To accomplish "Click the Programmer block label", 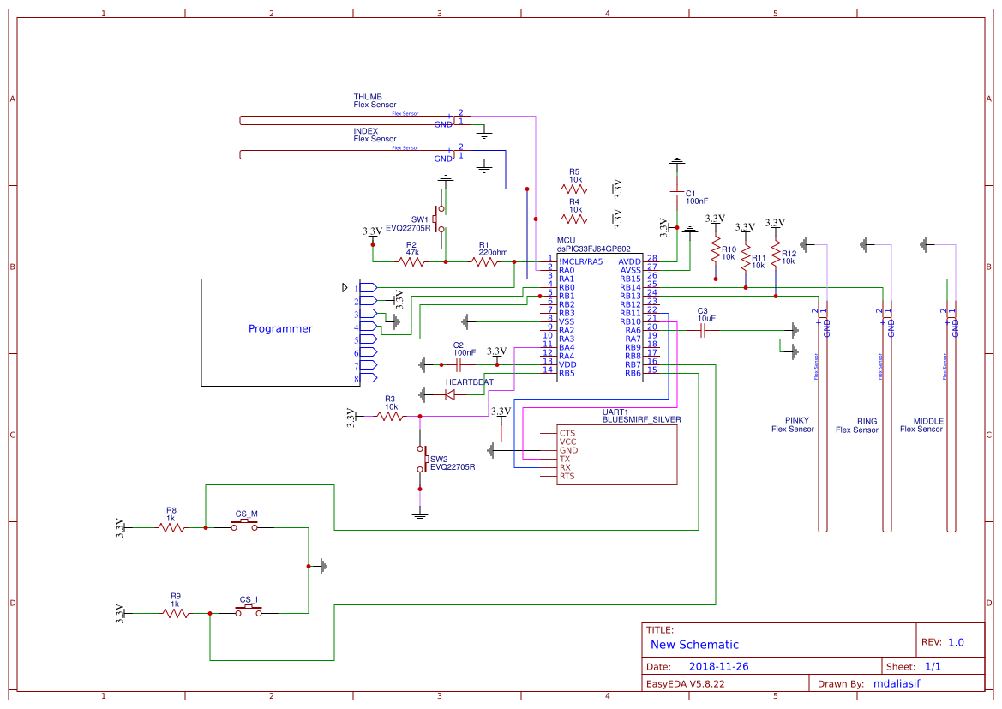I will [280, 328].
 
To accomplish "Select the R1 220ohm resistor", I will [485, 262].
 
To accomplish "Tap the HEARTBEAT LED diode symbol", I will [449, 394].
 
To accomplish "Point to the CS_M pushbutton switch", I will [246, 526].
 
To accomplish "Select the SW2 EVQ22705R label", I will [452, 463].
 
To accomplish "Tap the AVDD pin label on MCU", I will [629, 261].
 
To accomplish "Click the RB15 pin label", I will [630, 279].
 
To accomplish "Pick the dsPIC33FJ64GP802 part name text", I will [593, 249].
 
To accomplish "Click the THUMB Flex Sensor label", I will [375, 101].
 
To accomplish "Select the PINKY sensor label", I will [796, 421].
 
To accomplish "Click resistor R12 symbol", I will [775, 255].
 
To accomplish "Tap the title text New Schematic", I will [694, 645].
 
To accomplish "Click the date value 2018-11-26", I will [718, 666].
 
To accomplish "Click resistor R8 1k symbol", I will [171, 528].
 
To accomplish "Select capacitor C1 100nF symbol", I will [677, 193].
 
